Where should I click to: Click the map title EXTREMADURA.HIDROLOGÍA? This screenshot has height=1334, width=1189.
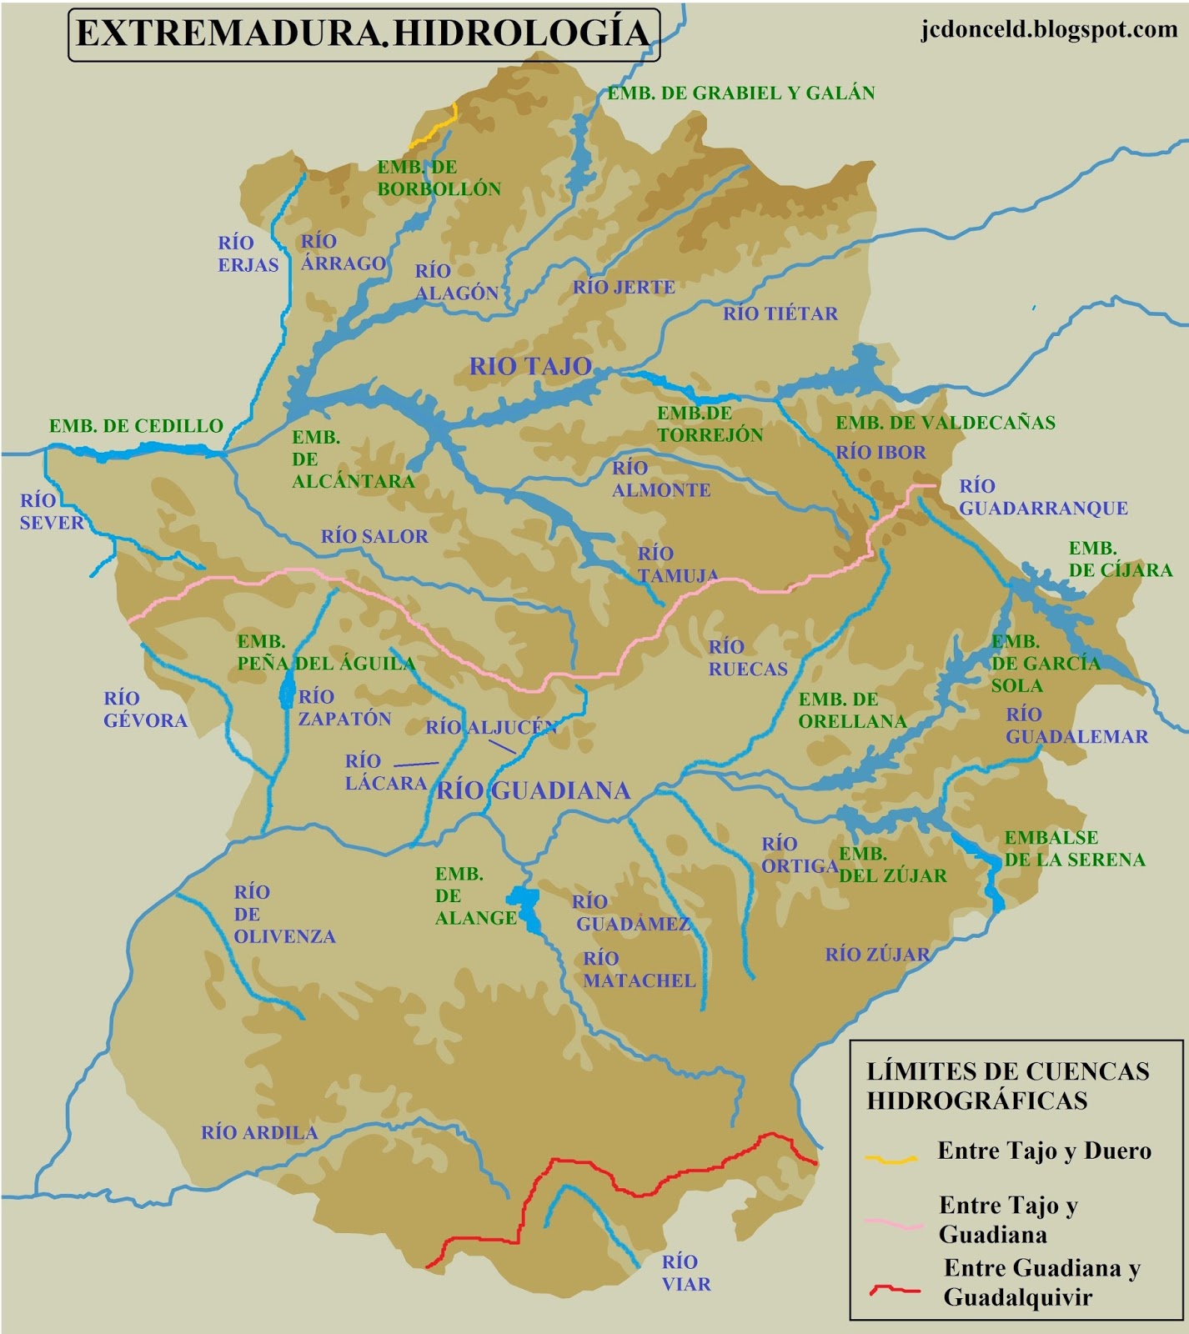pyautogui.click(x=363, y=33)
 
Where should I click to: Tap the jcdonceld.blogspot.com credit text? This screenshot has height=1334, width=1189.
pyautogui.click(x=1049, y=29)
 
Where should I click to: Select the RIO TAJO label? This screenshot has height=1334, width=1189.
pyautogui.click(x=530, y=366)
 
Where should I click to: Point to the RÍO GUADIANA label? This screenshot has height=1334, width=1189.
pyautogui.click(x=534, y=790)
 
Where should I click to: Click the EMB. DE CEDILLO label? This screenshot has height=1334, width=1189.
pyautogui.click(x=136, y=426)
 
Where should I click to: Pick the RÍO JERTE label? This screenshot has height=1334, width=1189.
pyautogui.click(x=624, y=287)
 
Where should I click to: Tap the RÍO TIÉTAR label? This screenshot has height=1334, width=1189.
pyautogui.click(x=780, y=313)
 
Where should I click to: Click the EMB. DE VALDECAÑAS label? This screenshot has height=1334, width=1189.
pyautogui.click(x=946, y=423)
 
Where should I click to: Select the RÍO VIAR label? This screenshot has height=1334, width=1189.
pyautogui.click(x=686, y=1272)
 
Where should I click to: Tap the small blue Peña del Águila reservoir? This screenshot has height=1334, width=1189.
pyautogui.click(x=287, y=690)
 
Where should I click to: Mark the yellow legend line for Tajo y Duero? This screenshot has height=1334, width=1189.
pyautogui.click(x=890, y=1158)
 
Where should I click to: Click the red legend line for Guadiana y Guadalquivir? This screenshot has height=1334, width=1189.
pyautogui.click(x=895, y=1290)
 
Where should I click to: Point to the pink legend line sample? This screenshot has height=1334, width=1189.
pyautogui.click(x=894, y=1223)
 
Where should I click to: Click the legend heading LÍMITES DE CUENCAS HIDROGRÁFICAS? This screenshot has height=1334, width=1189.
pyautogui.click(x=1007, y=1086)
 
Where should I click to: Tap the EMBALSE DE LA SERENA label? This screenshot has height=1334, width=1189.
pyautogui.click(x=1074, y=848)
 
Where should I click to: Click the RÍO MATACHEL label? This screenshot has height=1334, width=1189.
pyautogui.click(x=639, y=970)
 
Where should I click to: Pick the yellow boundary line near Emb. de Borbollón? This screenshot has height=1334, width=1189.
pyautogui.click(x=437, y=126)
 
